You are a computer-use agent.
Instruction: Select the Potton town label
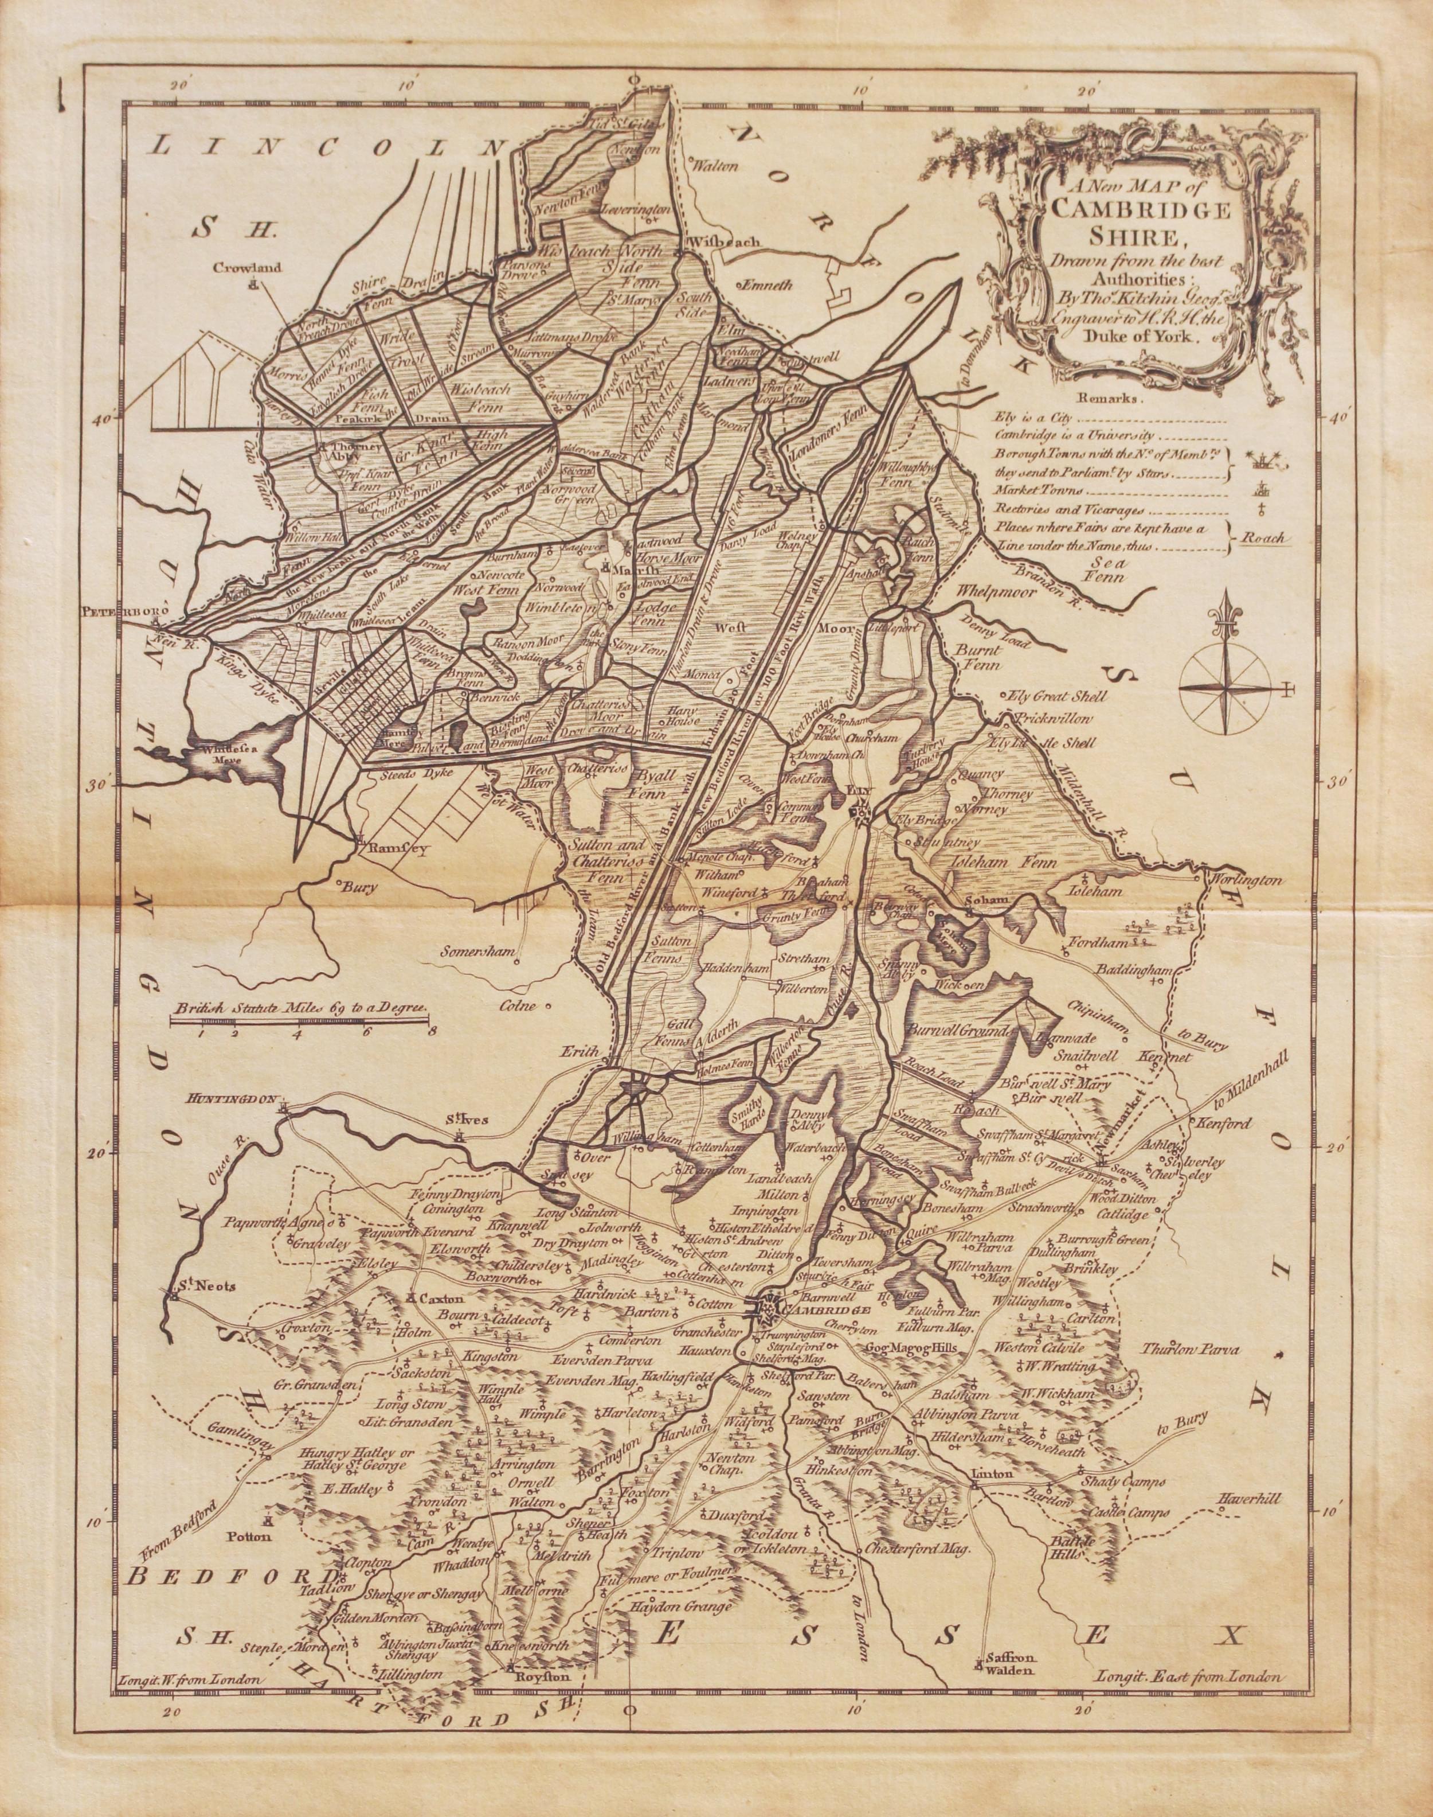pyautogui.click(x=270, y=1538)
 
